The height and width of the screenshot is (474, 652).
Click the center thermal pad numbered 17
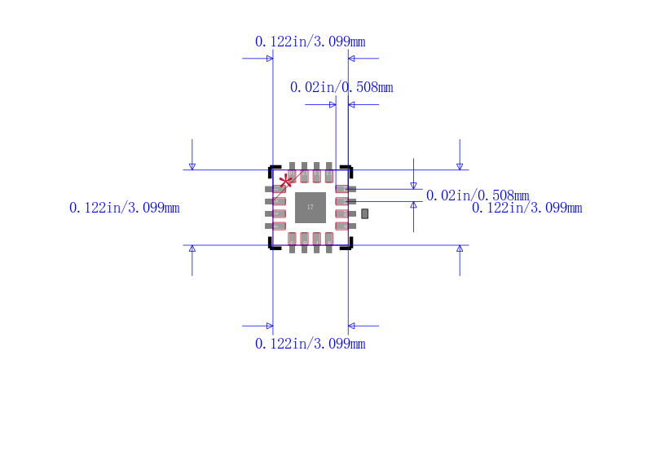click(x=310, y=207)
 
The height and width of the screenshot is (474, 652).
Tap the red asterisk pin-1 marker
click(x=285, y=181)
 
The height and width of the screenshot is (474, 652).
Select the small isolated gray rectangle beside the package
click(x=365, y=213)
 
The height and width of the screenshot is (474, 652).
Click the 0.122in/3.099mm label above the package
click(x=310, y=42)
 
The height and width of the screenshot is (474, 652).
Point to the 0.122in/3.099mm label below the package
click(x=310, y=344)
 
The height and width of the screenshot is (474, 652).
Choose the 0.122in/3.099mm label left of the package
click(x=125, y=208)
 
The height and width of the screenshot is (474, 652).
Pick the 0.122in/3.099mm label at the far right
click(x=527, y=208)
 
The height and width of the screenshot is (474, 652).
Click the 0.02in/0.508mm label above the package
click(x=341, y=87)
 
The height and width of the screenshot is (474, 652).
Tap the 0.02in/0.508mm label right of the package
click(x=478, y=195)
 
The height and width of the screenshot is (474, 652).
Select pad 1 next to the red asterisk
click(x=276, y=189)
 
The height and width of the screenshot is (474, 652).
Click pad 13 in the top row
click(x=329, y=173)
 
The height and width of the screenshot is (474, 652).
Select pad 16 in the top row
click(x=292, y=173)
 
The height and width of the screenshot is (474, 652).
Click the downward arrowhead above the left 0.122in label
click(x=192, y=166)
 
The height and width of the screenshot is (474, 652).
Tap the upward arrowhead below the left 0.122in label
click(x=192, y=248)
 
